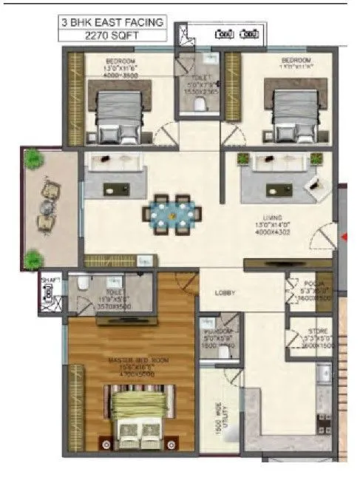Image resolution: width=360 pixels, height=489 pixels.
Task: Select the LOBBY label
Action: [225, 293]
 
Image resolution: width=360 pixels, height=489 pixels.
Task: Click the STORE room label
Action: [316, 334]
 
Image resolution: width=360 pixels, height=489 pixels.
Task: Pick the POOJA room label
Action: [310, 283]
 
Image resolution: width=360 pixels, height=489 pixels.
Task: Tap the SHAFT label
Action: [50, 280]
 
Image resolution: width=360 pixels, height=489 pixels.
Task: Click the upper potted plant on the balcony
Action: [33, 159]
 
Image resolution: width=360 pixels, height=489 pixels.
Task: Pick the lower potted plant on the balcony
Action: [33, 259]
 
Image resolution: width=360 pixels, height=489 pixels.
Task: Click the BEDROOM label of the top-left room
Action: [120, 61]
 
